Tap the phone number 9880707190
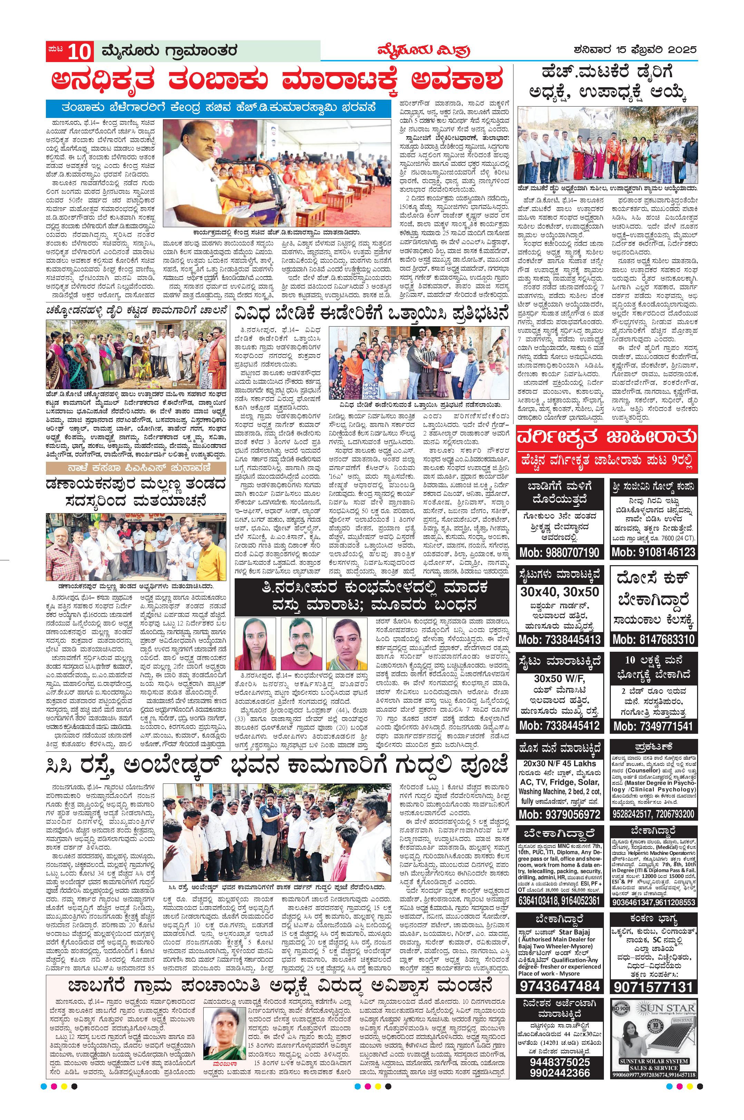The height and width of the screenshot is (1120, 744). [x=559, y=552]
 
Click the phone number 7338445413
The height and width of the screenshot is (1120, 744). [x=559, y=639]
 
